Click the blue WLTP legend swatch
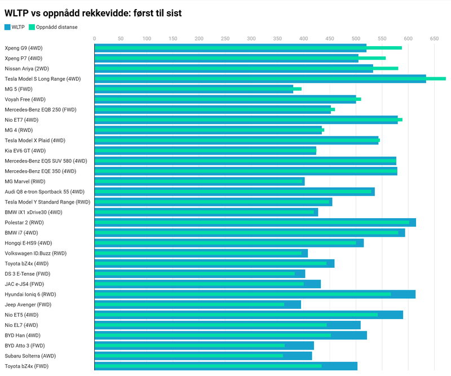point(7,26)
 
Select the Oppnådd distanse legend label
point(57,26)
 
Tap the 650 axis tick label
point(434,38)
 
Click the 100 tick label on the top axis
point(147,38)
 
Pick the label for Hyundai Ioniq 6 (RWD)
point(30,294)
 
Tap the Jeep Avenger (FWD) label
point(28,304)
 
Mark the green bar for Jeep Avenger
point(189,304)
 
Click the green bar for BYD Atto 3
point(189,346)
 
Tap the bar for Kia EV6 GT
point(205,151)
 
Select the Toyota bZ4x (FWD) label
point(27,366)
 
